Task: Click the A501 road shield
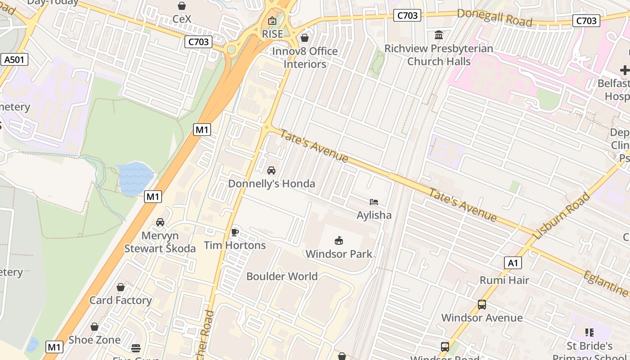[14, 59]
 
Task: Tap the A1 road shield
[513, 263]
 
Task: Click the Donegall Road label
[494, 17]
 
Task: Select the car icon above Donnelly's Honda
[271, 171]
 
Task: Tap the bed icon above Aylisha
[373, 202]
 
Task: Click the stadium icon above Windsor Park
[339, 241]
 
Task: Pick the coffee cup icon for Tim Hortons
[234, 232]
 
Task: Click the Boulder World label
[282, 276]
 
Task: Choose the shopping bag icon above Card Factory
[121, 287]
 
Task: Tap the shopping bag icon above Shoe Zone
[94, 327]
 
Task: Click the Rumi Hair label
[504, 280]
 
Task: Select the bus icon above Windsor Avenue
[481, 305]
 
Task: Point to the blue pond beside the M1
[135, 178]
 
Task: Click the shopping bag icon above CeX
[182, 6]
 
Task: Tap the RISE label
[272, 34]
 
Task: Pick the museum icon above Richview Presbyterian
[439, 35]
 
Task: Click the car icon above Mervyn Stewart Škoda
[160, 222]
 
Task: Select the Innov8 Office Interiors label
[305, 58]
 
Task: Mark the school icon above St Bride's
[589, 333]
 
